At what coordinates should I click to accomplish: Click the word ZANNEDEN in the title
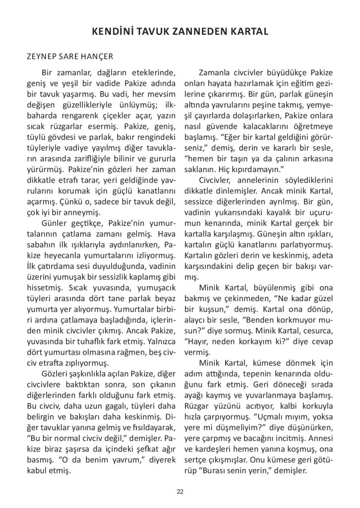195,32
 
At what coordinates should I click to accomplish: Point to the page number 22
180,491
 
